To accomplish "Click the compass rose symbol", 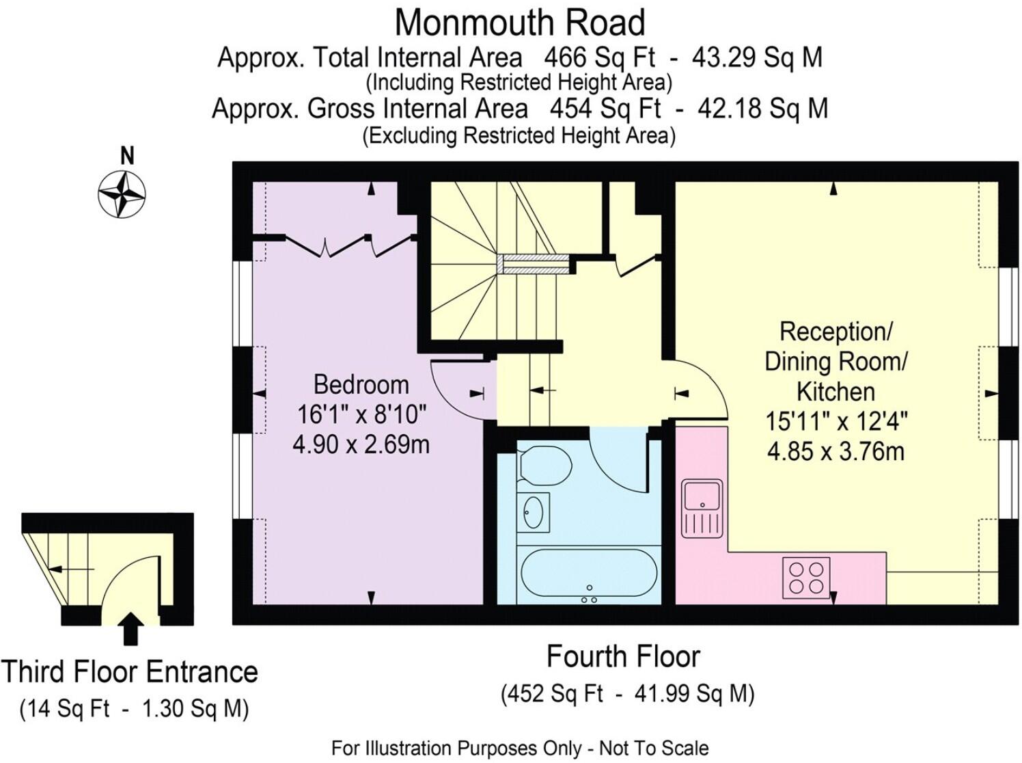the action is pos(122,194).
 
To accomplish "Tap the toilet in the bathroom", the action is pos(544,465).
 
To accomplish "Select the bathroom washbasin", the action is pos(533,512).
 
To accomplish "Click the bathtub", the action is pos(589,576).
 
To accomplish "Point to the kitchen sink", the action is pos(702,507).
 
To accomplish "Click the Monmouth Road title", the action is pos(519,23).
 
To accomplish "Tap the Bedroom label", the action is pos(361,384).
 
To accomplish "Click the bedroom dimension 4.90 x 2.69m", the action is pos(361,444).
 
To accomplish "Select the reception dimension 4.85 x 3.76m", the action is pos(835,451).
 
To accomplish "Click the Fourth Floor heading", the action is pos(623,656).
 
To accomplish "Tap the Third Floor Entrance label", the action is pos(129,672).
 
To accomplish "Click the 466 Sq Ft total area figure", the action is pos(598,57).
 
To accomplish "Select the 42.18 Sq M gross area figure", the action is pos(762,109).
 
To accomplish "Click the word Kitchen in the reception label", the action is pos(835,392).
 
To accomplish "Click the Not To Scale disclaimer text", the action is pos(653,749).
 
